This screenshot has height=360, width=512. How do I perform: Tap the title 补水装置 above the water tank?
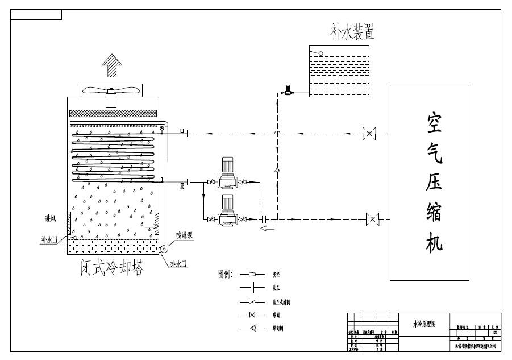click(x=352, y=32)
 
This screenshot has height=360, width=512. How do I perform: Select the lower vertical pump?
click(x=227, y=212)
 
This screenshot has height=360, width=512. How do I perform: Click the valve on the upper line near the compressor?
click(x=370, y=134)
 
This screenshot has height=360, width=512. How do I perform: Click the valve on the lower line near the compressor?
click(x=373, y=218)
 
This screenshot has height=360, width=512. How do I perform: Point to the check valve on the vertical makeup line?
click(x=277, y=169)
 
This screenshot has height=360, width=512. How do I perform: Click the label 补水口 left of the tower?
click(x=49, y=239)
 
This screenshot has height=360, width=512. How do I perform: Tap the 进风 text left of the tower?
click(x=51, y=219)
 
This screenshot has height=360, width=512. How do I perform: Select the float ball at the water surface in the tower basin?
click(x=74, y=238)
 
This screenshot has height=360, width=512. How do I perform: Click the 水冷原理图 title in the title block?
click(x=424, y=324)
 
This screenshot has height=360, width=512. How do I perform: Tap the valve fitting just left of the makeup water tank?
click(x=288, y=89)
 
